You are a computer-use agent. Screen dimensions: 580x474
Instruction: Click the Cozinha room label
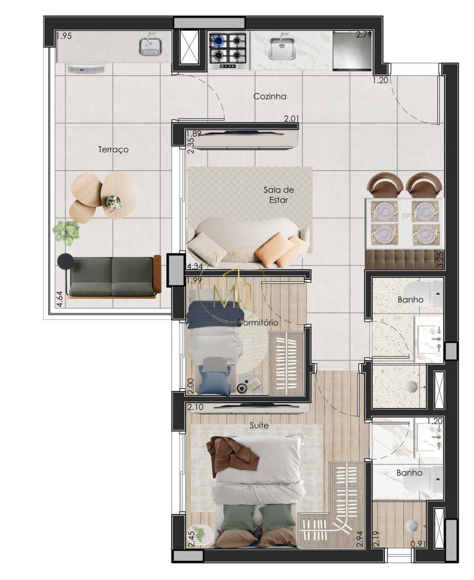pos(269,96)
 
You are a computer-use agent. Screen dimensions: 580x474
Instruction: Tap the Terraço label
pos(113,150)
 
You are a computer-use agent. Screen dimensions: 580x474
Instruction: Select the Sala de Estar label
pos(279,195)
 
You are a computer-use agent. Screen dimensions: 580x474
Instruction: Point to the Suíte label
pos(259,425)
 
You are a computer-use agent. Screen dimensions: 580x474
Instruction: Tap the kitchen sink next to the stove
pos(282,49)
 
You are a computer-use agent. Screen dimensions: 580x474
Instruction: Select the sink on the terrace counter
pos(150,46)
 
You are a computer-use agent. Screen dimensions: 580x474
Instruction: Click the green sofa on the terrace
pos(112,277)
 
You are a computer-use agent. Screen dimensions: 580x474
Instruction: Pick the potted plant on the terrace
pos(66,232)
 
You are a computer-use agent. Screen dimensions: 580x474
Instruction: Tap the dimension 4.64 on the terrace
pos(59,299)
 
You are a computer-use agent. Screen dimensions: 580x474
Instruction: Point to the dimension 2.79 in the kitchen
pos(363,34)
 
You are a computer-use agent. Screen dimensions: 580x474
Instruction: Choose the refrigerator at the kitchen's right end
pos(352,51)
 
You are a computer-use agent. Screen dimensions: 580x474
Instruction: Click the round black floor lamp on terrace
pos(65,262)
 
